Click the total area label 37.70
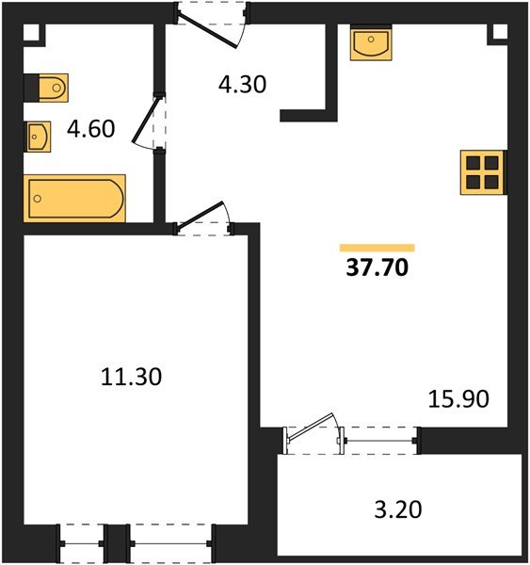click(377, 267)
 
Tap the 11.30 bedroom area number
click(131, 377)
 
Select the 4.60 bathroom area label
click(90, 129)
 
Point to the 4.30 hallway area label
click(243, 85)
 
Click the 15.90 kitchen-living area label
click(458, 399)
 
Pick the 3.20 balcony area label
click(398, 509)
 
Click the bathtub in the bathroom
click(74, 198)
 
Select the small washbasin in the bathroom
click(39, 137)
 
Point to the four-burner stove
click(482, 172)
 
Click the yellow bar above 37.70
click(377, 248)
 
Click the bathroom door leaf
click(145, 121)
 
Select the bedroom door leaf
click(200, 215)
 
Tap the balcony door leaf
click(311, 427)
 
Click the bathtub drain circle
click(37, 199)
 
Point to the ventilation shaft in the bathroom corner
click(35, 36)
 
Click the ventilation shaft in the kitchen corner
click(497, 35)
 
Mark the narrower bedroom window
click(82, 543)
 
